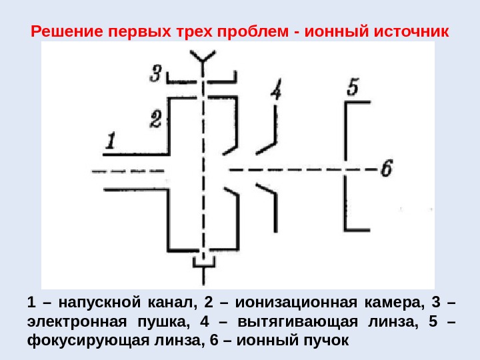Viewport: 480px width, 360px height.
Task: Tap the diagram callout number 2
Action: (155, 119)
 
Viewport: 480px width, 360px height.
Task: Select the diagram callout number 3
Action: (155, 73)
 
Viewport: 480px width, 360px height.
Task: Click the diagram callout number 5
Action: (353, 86)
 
